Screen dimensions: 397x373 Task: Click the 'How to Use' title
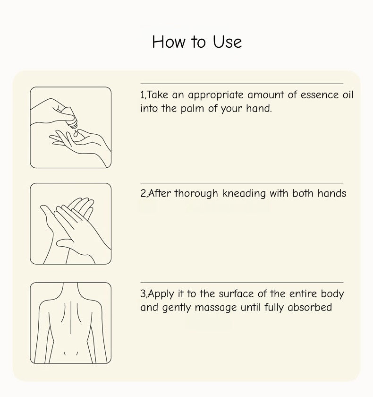pos(197,42)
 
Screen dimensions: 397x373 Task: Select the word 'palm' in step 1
pos(193,109)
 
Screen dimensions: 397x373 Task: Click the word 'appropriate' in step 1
pos(216,95)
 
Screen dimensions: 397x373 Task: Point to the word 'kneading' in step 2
pos(244,193)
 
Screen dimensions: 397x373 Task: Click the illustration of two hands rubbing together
pos(71,224)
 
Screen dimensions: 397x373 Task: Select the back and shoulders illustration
pos(71,323)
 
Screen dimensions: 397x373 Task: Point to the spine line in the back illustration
pos(71,321)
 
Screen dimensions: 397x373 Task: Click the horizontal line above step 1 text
pos(242,84)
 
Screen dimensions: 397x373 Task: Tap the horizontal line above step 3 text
pos(242,283)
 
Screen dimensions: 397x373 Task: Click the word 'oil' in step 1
pos(347,95)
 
